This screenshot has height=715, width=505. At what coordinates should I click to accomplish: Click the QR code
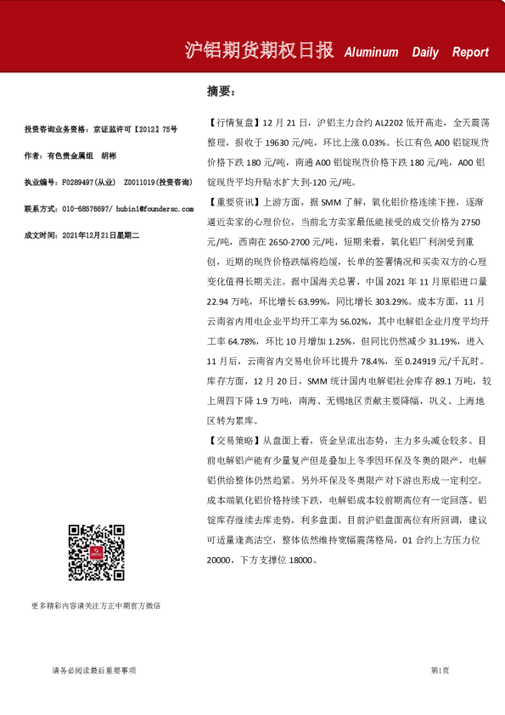(97, 553)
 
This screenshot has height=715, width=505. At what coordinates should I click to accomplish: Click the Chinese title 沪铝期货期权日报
(260, 50)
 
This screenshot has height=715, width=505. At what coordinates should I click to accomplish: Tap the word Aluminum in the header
(371, 52)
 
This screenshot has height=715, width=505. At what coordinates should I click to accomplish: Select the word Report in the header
(470, 52)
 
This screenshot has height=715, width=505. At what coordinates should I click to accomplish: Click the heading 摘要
(221, 89)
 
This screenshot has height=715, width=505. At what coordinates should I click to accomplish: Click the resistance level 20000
(219, 561)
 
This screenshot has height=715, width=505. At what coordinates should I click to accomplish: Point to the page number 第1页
(440, 671)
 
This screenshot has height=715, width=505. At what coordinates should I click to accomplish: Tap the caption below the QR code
(96, 606)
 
